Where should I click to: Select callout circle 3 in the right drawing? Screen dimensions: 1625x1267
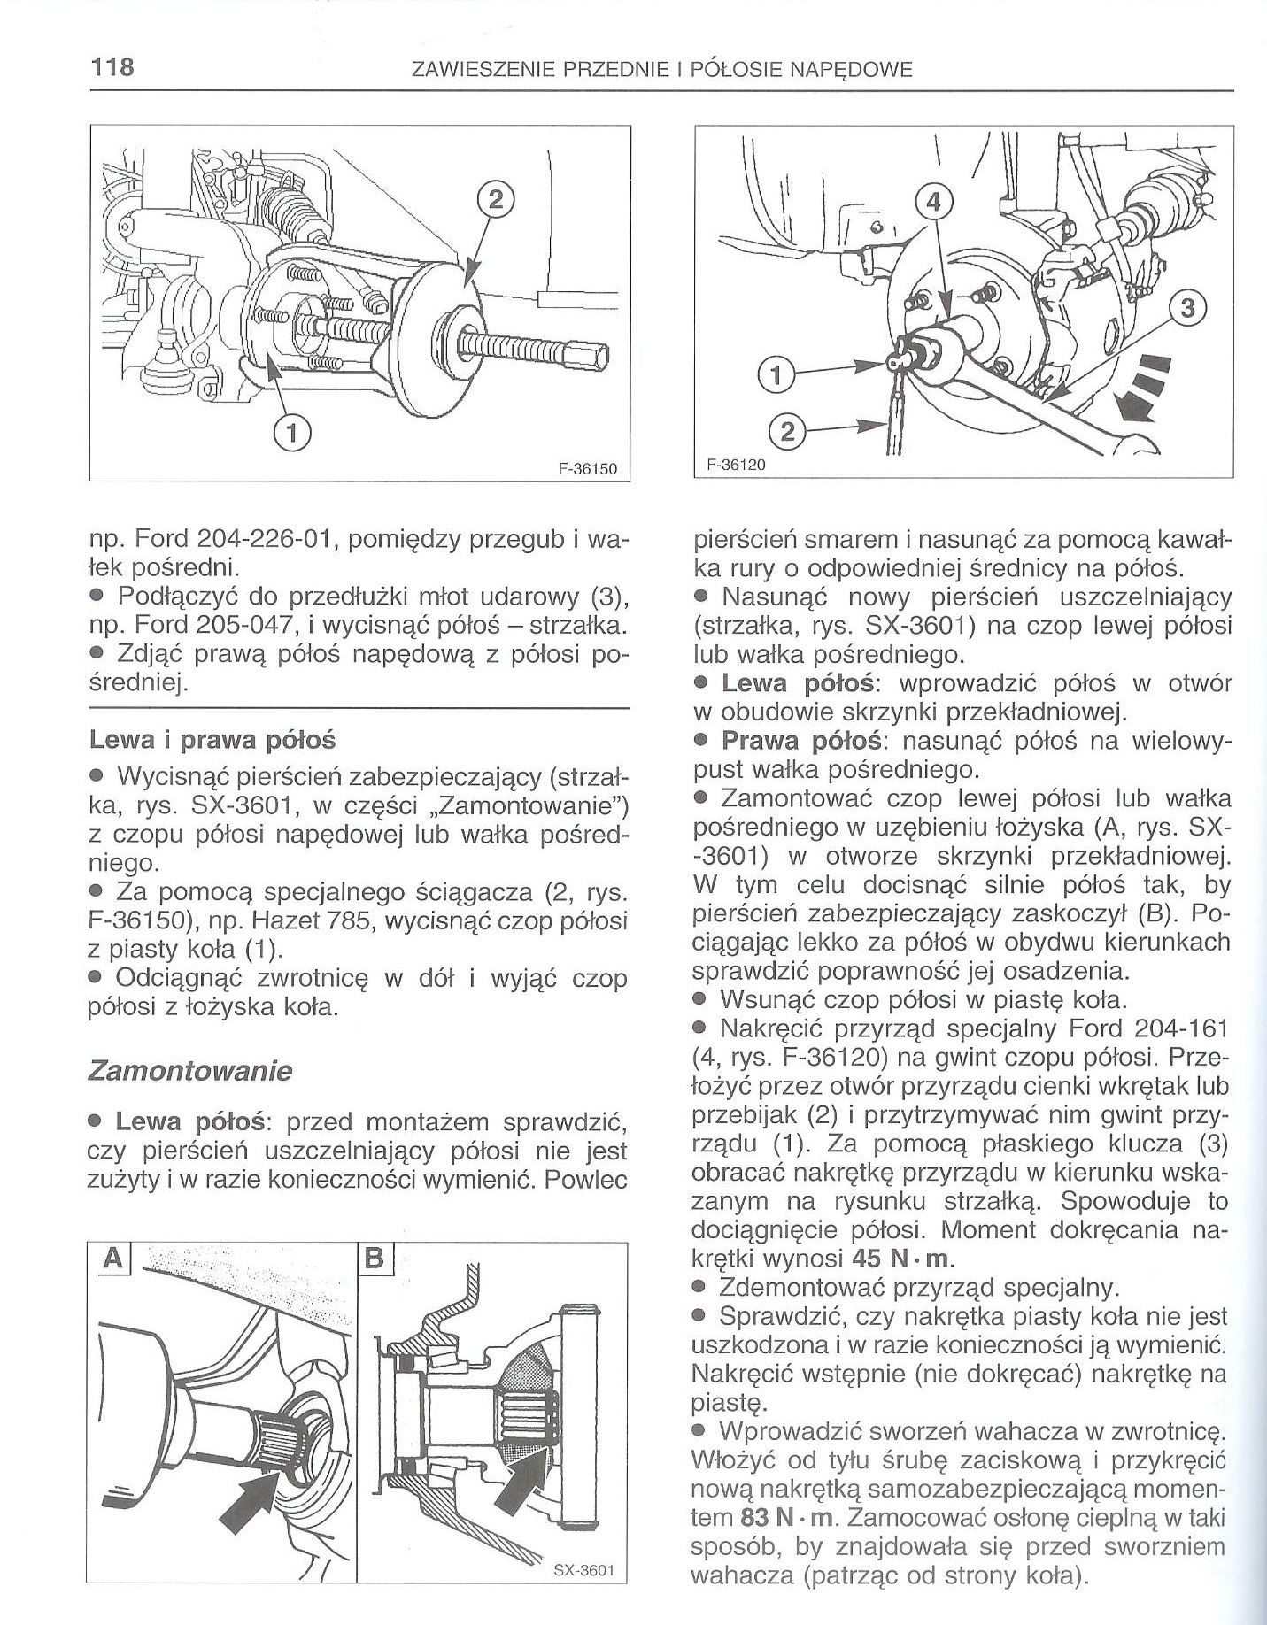coord(1187,309)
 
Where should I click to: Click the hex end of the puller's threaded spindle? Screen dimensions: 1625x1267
coord(591,358)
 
